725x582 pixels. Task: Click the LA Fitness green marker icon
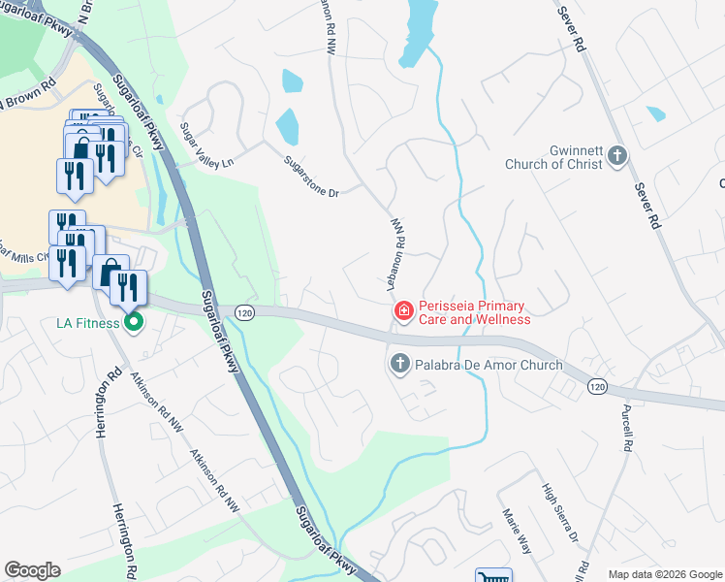click(x=136, y=322)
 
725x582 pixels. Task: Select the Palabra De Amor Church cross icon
click(x=398, y=365)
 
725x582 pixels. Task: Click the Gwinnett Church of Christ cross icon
click(x=616, y=156)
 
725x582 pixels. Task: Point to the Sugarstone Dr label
click(x=311, y=178)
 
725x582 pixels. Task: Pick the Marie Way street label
click(x=516, y=531)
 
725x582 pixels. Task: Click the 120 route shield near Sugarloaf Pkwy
click(x=244, y=311)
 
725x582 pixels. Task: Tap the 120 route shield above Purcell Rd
click(x=597, y=386)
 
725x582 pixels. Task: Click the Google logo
click(x=32, y=570)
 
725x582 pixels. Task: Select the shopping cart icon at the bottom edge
click(x=492, y=575)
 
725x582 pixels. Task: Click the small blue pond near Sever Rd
click(x=656, y=113)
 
